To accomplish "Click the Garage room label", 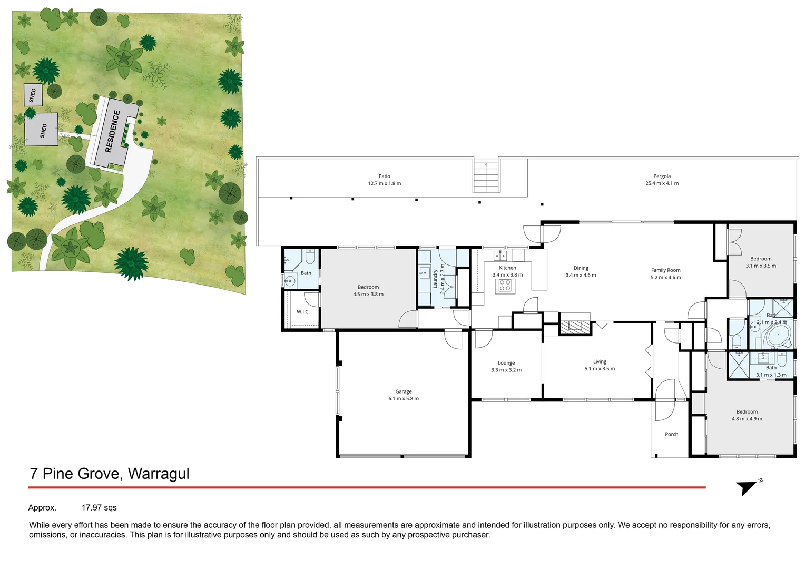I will pos(403,391).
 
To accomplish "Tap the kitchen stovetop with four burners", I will pos(505,286).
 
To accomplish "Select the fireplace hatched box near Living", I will pos(575,327).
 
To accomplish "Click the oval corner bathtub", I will pos(778,336).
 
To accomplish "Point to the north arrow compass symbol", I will pos(747,487).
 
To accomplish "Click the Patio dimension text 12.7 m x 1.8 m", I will pos(384,183).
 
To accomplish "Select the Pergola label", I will pos(662,176).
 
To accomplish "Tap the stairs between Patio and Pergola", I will pos(485,177).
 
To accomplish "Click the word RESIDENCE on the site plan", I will pos(113,131).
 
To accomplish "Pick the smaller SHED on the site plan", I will pos(33,95).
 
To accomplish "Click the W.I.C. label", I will pos(303,312).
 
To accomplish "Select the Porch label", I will pos(671,434).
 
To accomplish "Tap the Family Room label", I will pos(665,270).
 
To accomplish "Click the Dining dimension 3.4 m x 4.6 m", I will pos(581,275).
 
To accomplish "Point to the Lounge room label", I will pos(506,362).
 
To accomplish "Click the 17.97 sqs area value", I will pos(99,508).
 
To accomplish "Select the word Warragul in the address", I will pos(158,474).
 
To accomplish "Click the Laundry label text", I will pos(436,279).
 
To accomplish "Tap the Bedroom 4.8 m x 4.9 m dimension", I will pos(747,419).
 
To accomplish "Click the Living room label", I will pos(599,361).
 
